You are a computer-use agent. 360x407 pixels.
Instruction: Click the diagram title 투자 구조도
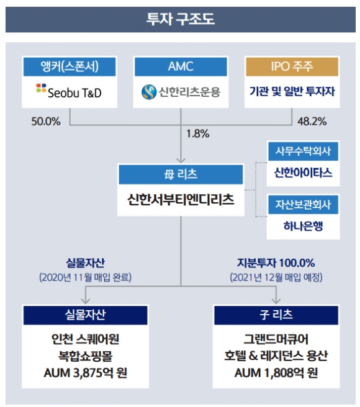[x=181, y=19]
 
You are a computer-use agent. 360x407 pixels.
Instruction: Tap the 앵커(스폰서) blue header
[x=70, y=67]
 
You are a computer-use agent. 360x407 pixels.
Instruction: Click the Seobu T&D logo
[x=69, y=91]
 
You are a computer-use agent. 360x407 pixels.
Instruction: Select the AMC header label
[x=181, y=67]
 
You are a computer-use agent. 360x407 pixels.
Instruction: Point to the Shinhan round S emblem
[x=149, y=92]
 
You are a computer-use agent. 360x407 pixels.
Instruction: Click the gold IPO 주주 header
[x=292, y=67]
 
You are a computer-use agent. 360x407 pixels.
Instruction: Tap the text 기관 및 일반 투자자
[x=292, y=91]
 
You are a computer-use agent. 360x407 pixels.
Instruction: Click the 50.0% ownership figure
[x=46, y=122]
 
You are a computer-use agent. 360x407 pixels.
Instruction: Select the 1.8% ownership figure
[x=197, y=134]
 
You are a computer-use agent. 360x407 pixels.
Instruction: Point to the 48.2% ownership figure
[x=312, y=122]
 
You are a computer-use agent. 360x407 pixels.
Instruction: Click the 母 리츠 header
[x=181, y=174]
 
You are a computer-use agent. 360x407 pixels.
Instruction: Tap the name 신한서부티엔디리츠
[x=181, y=200]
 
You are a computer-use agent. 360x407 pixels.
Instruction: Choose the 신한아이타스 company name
[x=303, y=172]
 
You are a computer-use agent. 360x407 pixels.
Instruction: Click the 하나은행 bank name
[x=303, y=226]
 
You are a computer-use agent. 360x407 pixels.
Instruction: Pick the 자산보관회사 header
[x=303, y=205]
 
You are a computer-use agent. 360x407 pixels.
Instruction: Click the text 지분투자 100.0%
[x=276, y=263]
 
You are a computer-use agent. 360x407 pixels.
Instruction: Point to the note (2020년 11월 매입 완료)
[x=85, y=277]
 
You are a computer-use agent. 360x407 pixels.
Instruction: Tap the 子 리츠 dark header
[x=276, y=315]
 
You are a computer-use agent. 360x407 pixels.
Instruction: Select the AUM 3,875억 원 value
[x=86, y=373]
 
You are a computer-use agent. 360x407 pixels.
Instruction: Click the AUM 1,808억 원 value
[x=276, y=373]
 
